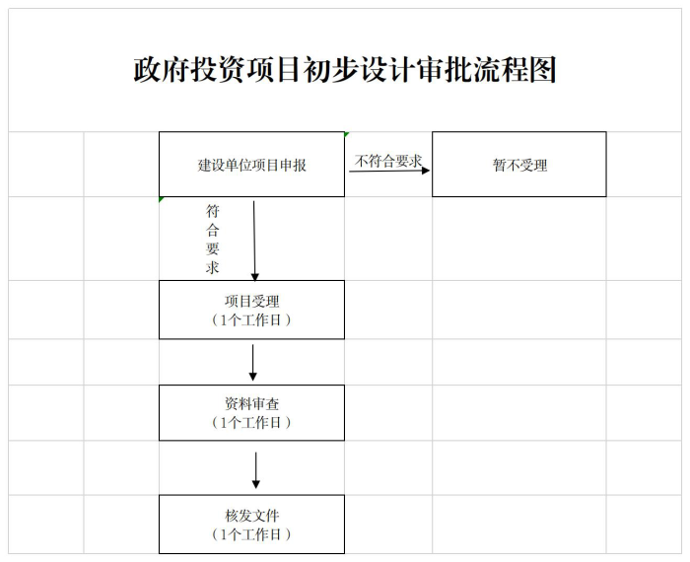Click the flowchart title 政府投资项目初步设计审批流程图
345,70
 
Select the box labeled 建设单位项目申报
251,164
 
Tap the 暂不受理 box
519,164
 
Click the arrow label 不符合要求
388,161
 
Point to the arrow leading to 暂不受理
389,171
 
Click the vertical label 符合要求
213,239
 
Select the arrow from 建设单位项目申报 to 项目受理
254,242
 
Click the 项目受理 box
251,310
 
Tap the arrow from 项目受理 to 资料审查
253,363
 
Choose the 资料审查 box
251,413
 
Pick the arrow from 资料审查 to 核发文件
255,470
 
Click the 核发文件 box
251,525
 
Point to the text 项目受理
251,302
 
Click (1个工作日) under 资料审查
251,423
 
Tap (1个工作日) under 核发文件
251,534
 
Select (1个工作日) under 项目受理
251,320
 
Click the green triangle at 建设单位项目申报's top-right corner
346,134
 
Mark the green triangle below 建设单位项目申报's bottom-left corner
161,199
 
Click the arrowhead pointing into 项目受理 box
254,277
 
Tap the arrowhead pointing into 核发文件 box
255,484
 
